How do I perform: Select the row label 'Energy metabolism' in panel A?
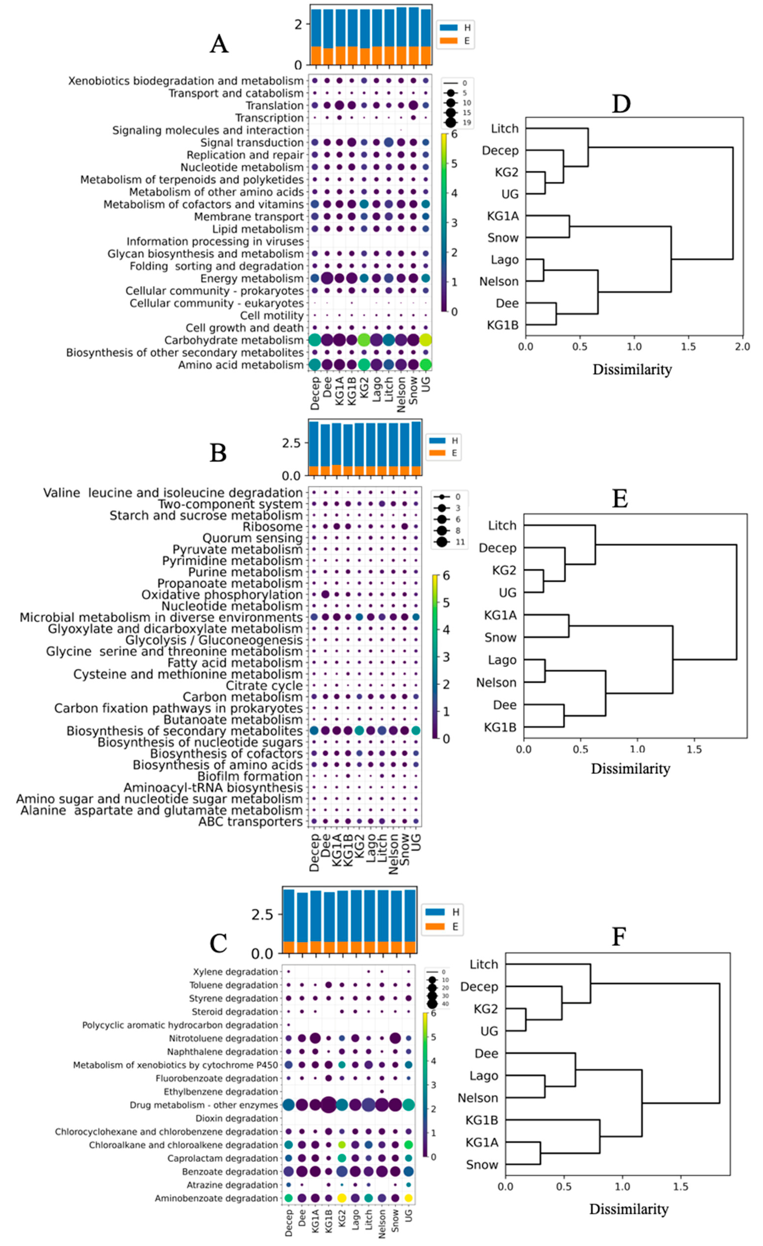(x=251, y=279)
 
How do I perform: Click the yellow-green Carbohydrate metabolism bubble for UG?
(x=426, y=340)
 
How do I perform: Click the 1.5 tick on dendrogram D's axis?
(x=688, y=347)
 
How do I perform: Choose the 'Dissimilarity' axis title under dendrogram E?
(x=630, y=769)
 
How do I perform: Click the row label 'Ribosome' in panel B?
(x=272, y=527)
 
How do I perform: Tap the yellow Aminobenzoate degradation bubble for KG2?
(x=342, y=1198)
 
